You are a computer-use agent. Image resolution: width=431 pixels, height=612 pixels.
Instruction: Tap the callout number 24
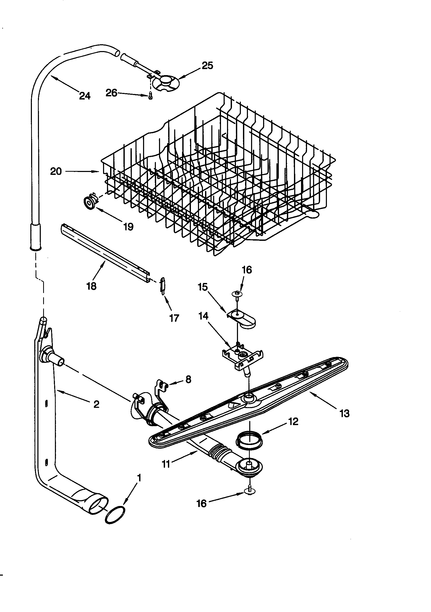tap(85, 96)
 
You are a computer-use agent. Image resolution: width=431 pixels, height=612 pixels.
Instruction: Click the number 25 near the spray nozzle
tap(207, 65)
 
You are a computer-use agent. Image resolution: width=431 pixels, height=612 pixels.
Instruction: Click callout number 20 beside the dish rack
tap(56, 171)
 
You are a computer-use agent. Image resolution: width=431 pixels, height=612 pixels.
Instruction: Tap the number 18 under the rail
tap(91, 286)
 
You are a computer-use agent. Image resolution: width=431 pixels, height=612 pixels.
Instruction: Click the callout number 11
tap(166, 464)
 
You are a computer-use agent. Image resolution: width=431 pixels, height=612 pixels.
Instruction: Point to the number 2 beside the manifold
tap(97, 404)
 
